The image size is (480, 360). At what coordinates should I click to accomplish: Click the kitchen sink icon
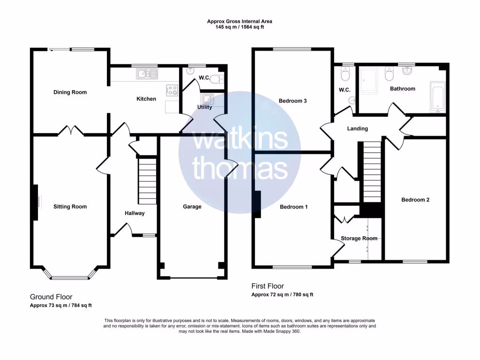pos(147,74)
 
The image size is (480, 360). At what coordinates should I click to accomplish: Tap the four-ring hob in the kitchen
pos(172,90)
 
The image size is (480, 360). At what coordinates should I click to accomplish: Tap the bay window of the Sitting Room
pos(70,277)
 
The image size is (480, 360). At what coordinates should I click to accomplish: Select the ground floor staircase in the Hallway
pos(147,180)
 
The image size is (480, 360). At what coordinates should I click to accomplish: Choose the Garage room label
pos(192,206)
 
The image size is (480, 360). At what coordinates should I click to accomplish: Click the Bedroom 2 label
pos(415,200)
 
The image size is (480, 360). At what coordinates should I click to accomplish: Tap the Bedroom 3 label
pos(292,101)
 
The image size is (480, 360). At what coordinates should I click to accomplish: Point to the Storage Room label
pos(359,238)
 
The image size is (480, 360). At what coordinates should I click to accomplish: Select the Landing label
pos(357,128)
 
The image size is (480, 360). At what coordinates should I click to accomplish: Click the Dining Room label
pos(70,92)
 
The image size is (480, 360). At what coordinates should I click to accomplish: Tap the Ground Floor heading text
pos(51,297)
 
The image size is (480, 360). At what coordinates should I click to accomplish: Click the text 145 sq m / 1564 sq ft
pos(240,27)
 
